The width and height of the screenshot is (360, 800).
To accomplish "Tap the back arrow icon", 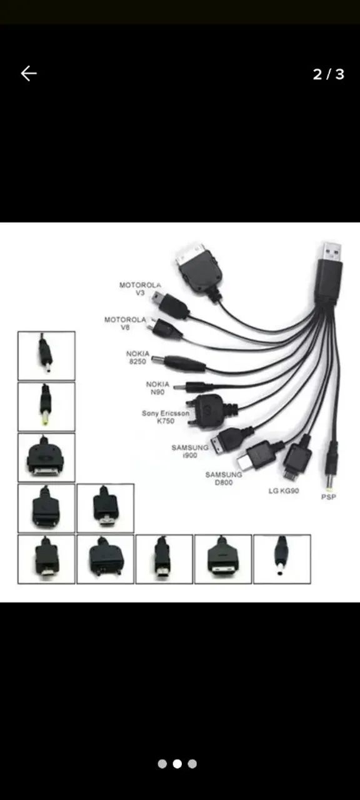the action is click(x=29, y=74).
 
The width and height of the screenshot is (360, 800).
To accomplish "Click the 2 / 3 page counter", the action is click(x=329, y=74).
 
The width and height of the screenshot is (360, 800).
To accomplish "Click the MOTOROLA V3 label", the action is click(x=140, y=289).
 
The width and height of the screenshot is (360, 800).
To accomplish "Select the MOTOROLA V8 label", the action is click(x=125, y=323).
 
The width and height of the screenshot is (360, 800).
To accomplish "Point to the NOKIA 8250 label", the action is click(x=137, y=357).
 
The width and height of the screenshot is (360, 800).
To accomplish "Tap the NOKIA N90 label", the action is click(x=157, y=388).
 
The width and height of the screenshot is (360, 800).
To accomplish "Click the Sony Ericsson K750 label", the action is click(x=166, y=417).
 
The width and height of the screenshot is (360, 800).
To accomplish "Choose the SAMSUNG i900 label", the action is click(x=189, y=451).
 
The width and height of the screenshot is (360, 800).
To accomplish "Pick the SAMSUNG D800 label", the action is click(x=224, y=478).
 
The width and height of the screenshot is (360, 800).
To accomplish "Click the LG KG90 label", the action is click(x=284, y=491).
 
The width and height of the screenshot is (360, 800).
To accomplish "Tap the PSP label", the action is click(x=328, y=497).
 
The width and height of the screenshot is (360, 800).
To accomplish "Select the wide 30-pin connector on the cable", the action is click(x=199, y=267).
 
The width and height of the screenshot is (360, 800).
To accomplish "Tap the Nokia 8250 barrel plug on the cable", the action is click(x=179, y=363).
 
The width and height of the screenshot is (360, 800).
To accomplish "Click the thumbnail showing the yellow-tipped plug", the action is click(x=46, y=407).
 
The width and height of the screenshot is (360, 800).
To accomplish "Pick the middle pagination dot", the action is click(x=177, y=764).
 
